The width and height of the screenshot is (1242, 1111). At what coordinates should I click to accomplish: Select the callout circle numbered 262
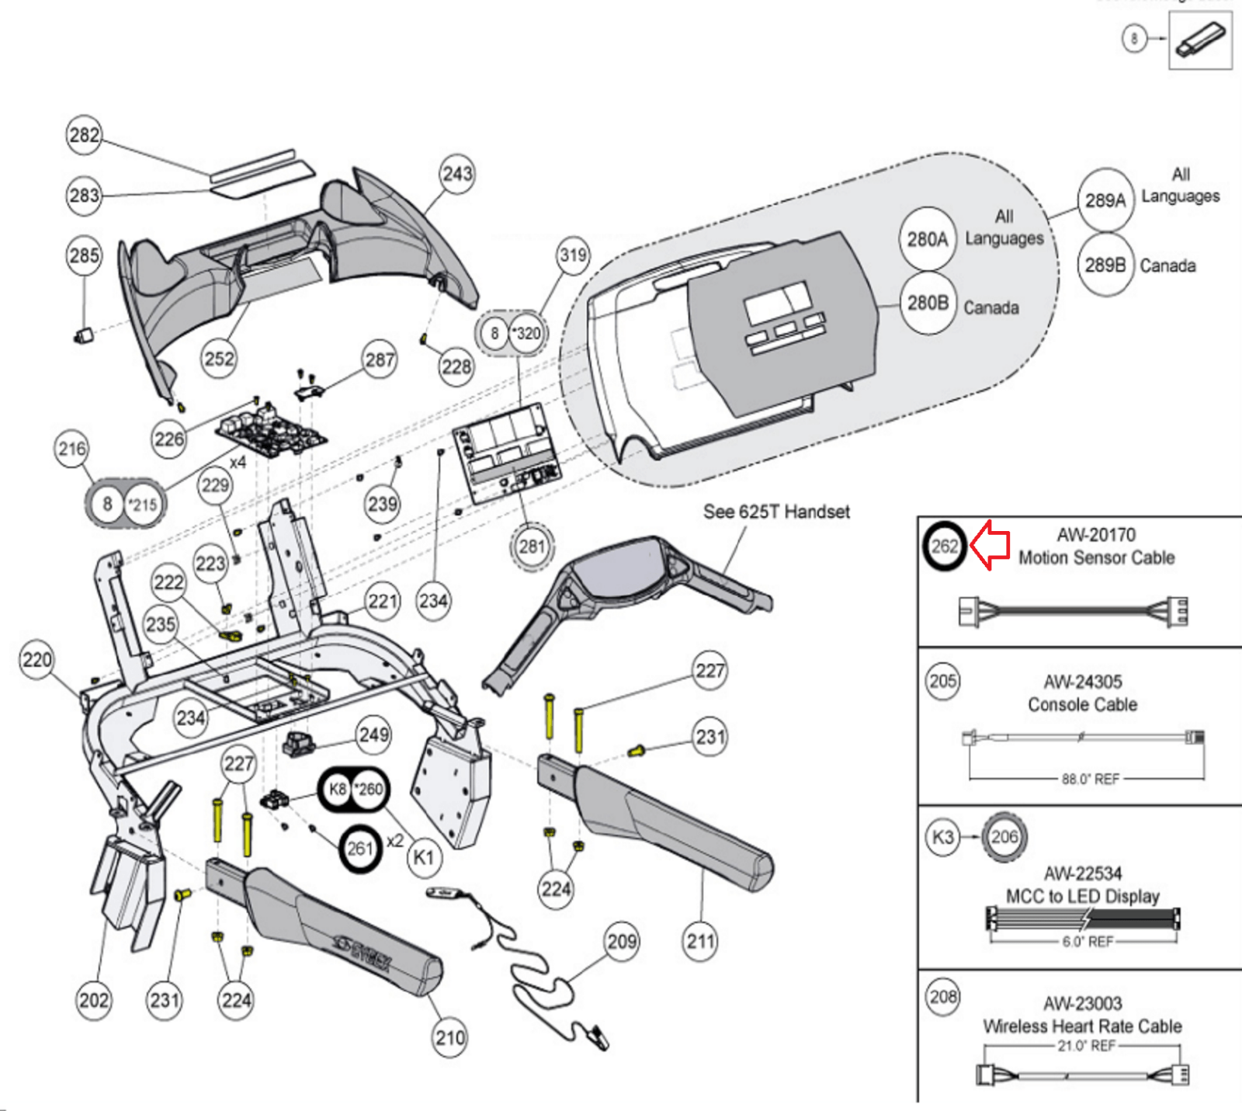(944, 547)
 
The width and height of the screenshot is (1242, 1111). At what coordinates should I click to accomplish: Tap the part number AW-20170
(1095, 535)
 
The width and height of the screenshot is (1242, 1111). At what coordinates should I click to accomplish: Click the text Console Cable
(1082, 705)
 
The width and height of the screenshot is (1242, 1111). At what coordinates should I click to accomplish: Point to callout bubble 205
(943, 682)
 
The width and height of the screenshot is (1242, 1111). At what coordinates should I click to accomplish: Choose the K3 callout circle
(942, 838)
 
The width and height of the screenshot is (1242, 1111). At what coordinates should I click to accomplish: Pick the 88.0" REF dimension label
(1090, 779)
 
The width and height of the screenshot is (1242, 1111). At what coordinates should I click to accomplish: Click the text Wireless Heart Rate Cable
(1082, 1026)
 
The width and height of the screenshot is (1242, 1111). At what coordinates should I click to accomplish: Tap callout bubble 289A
(1105, 200)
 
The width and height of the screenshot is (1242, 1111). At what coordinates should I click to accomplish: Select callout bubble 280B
(928, 303)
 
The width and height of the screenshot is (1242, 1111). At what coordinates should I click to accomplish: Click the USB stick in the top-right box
(1200, 40)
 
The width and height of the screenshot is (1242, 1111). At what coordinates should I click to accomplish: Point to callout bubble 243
(457, 174)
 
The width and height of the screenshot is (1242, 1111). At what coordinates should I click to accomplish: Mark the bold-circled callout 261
(360, 849)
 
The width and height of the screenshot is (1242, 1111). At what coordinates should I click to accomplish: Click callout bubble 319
(573, 255)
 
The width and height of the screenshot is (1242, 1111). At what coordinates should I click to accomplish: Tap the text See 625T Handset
(776, 512)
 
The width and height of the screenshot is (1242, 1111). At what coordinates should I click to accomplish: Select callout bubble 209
(622, 942)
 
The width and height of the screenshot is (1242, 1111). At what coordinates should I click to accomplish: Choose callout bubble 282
(84, 135)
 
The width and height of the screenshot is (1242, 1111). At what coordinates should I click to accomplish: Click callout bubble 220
(36, 661)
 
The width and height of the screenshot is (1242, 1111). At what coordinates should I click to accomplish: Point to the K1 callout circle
(423, 858)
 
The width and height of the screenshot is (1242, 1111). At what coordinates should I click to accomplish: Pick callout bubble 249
(374, 734)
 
